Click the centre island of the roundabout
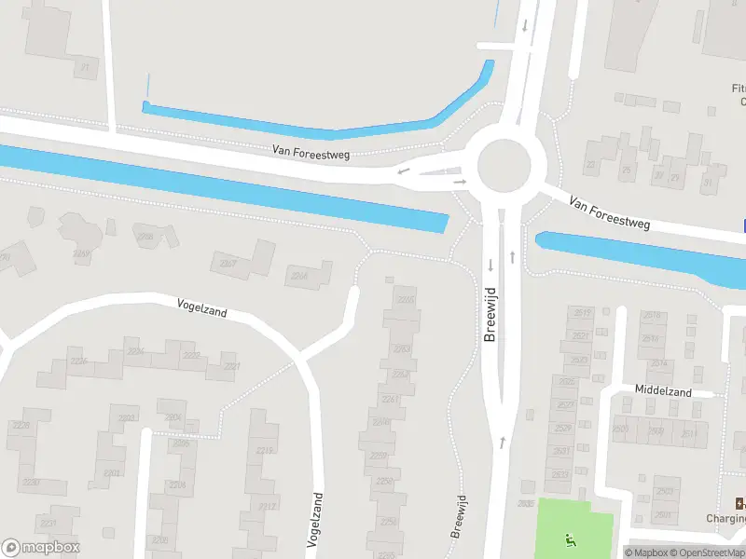coord(510,166)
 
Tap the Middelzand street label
coord(663,392)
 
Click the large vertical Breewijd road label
coord(490,313)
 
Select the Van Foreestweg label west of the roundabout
coord(311,151)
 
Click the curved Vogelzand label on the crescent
coord(202,307)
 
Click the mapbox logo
coord(41,547)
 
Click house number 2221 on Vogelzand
coord(231,366)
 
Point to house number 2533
coord(560,474)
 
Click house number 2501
coord(663,514)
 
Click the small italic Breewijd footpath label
coord(458,515)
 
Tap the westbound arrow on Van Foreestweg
coord(403,171)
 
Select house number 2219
coord(265,450)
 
